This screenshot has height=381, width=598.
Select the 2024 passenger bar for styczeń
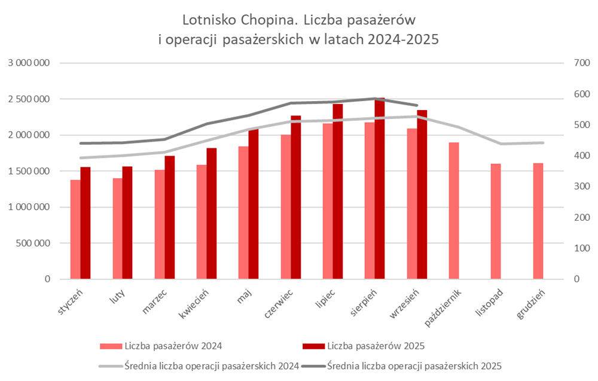click(x=75, y=230)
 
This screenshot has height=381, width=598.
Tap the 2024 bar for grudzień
click(x=538, y=221)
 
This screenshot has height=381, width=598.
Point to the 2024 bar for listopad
click(x=496, y=221)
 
